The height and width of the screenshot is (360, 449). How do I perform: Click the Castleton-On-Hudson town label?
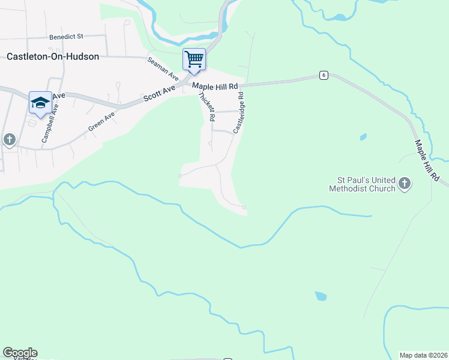coord(52,56)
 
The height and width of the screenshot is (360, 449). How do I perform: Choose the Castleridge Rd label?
coord(239,111)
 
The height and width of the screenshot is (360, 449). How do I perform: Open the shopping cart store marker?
coord(194,59)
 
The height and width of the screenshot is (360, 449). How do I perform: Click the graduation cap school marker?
coord(40,103)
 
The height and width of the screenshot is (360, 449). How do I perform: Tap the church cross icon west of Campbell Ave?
coord(9,140)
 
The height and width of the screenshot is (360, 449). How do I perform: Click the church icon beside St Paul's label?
coord(405,184)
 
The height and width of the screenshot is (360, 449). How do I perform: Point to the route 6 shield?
coord(324,75)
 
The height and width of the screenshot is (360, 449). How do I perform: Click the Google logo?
coord(20,353)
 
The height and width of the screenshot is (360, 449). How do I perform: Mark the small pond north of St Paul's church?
coord(363,137)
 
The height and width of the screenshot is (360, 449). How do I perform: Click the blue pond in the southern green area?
coord(321,296)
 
